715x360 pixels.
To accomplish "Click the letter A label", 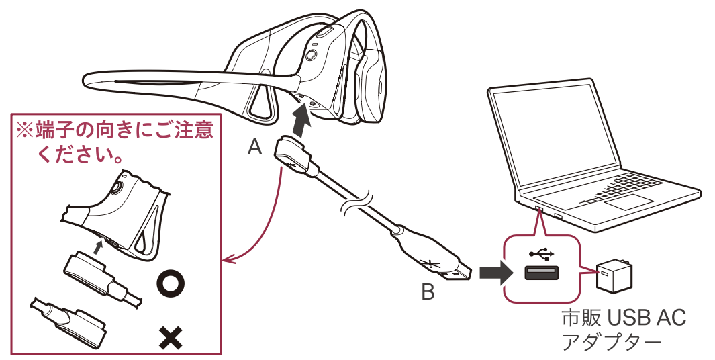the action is (x=255, y=147).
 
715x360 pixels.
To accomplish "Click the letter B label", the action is (x=427, y=292).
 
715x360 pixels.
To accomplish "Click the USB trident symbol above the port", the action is (x=542, y=254).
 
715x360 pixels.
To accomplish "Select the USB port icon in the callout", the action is (x=542, y=274).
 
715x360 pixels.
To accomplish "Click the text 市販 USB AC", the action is (x=623, y=318).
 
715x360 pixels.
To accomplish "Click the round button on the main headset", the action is (x=312, y=55).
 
